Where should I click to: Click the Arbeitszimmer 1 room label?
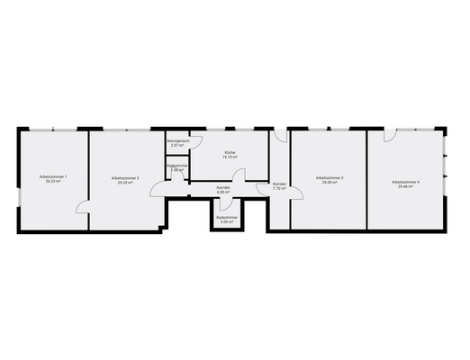(53, 176)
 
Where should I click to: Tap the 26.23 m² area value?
(53, 181)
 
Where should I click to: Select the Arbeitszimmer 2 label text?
(125, 178)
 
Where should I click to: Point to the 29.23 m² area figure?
(125, 183)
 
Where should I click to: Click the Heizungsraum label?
(177, 141)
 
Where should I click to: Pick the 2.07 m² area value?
(177, 146)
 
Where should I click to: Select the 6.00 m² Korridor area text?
(224, 191)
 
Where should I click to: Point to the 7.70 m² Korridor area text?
(279, 189)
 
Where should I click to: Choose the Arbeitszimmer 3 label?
(330, 178)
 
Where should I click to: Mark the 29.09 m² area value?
(330, 183)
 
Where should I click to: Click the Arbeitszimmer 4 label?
(406, 182)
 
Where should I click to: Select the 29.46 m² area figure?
(406, 186)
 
